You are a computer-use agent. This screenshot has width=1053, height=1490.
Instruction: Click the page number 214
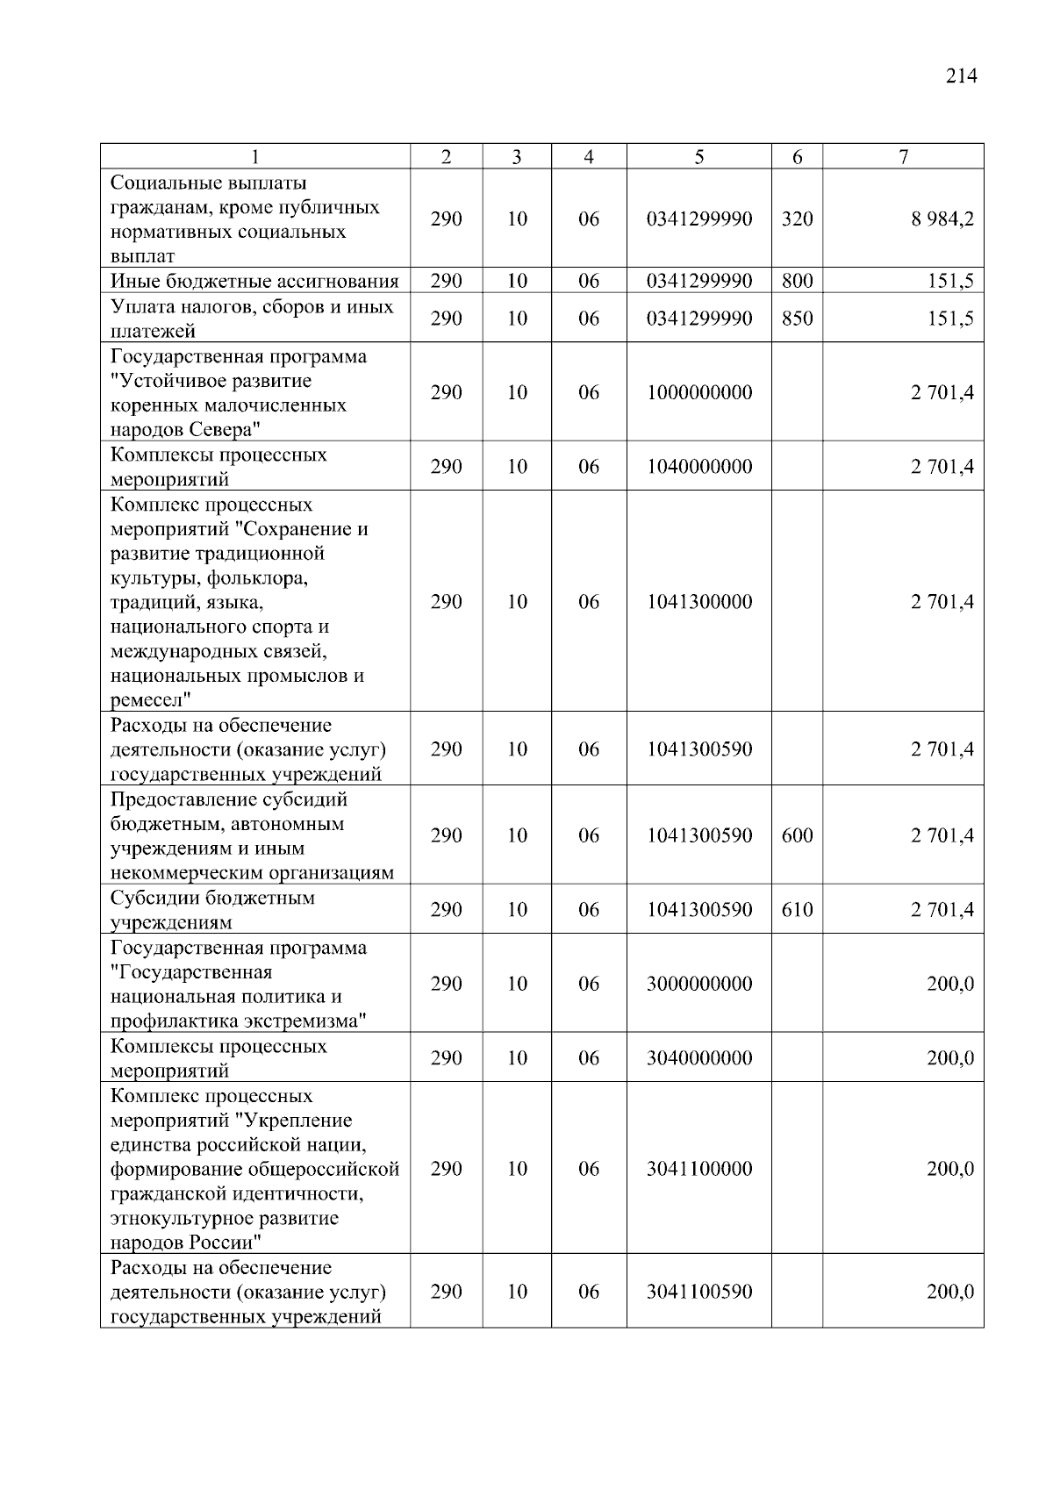click(x=961, y=76)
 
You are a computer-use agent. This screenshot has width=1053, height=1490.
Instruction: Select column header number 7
click(x=903, y=157)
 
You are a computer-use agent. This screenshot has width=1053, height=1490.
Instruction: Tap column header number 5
click(x=698, y=157)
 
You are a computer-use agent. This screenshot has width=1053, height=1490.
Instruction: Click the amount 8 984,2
click(x=942, y=218)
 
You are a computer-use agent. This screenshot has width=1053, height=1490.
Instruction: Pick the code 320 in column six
click(x=797, y=218)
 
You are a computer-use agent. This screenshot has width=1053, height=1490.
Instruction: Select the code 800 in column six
click(x=797, y=281)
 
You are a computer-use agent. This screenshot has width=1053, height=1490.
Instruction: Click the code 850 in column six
click(x=797, y=319)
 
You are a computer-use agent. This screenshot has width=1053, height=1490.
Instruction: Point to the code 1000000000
click(x=698, y=392)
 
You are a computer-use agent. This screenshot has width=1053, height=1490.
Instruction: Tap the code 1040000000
click(x=698, y=467)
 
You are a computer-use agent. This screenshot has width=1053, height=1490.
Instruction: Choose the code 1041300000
click(x=698, y=602)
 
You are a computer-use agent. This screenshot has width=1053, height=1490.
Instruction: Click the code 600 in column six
click(x=797, y=835)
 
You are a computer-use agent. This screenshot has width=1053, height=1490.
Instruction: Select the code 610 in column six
click(x=797, y=910)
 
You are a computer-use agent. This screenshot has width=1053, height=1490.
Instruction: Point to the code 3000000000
click(x=698, y=984)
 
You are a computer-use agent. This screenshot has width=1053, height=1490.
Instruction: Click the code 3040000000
click(x=698, y=1058)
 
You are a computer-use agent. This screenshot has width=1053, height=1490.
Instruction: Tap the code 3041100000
click(x=698, y=1169)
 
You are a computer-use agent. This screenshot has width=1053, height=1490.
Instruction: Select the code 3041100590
click(x=698, y=1292)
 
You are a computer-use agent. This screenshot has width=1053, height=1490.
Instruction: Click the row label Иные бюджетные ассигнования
click(x=254, y=281)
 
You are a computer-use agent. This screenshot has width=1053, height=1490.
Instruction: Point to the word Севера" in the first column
click(x=225, y=430)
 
